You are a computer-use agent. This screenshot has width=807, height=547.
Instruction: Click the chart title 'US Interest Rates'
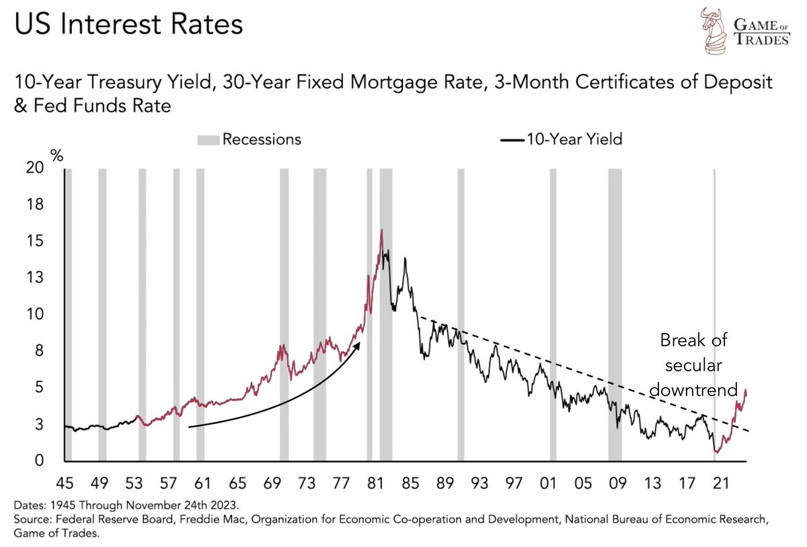click(x=127, y=25)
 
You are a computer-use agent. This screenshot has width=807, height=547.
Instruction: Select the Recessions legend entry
click(x=249, y=139)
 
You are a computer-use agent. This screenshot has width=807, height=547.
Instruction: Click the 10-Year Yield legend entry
click(x=562, y=139)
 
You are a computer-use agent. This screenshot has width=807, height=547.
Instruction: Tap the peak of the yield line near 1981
click(x=382, y=230)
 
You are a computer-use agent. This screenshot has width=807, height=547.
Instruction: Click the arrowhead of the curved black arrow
click(x=358, y=344)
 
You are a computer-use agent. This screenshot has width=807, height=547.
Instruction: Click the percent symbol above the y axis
click(x=57, y=155)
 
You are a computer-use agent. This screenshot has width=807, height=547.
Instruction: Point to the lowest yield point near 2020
click(x=717, y=452)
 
